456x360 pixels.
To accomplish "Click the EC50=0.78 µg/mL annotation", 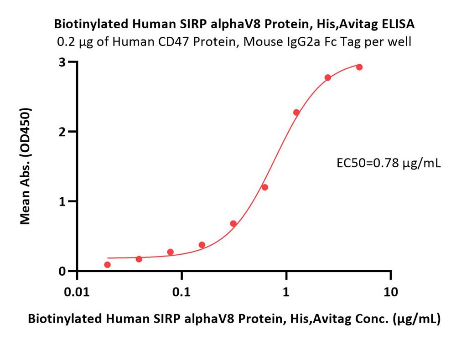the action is [x=389, y=163].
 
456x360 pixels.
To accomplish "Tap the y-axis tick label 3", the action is [x=62, y=62].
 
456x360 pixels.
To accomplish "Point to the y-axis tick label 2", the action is [x=62, y=132].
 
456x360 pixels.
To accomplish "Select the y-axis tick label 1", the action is [x=62, y=202].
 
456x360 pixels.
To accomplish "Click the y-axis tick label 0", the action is [x=62, y=272].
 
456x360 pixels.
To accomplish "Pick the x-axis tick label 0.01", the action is [x=77, y=292].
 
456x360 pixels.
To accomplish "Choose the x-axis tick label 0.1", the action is [x=181, y=292].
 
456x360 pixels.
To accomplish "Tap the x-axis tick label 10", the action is [x=391, y=292].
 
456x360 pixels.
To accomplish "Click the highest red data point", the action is [x=359, y=67].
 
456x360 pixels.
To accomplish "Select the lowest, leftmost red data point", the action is [x=107, y=264].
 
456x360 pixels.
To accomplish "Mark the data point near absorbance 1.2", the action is [x=264, y=187].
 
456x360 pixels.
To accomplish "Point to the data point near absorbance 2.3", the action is [x=296, y=113].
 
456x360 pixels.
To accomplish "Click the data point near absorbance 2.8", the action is [x=328, y=77].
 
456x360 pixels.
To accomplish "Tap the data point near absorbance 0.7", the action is [x=233, y=223].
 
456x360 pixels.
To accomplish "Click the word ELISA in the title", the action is [x=398, y=24].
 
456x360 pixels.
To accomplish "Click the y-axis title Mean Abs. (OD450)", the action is [x=25, y=166].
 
